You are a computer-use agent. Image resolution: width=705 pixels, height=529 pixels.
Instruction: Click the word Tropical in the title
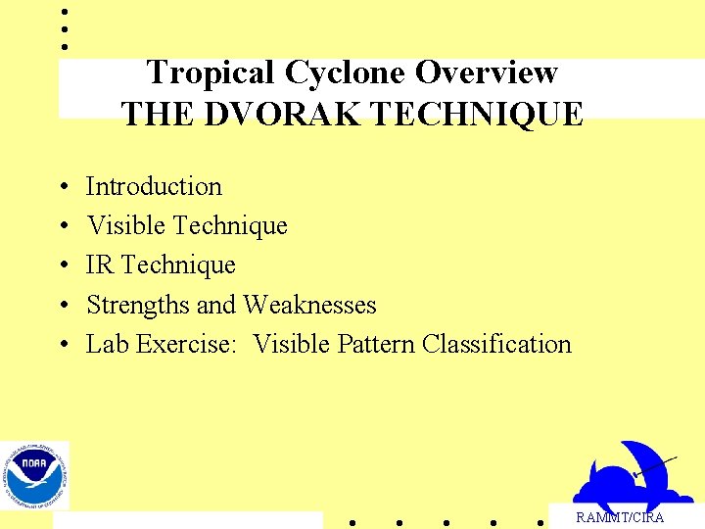tap(210, 72)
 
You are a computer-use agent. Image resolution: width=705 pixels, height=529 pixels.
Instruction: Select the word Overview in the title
tap(487, 72)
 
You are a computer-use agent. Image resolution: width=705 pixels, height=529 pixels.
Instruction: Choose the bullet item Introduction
tap(154, 186)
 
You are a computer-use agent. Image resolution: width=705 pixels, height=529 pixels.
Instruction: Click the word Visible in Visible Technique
tap(125, 225)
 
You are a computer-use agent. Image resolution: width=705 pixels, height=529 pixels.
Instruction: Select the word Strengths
tap(138, 305)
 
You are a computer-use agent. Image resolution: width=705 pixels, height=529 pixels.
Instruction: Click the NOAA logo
tap(34, 475)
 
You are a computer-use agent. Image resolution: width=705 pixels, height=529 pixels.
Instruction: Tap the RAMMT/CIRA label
tap(619, 517)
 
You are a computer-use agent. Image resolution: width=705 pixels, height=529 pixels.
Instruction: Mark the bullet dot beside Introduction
tap(63, 187)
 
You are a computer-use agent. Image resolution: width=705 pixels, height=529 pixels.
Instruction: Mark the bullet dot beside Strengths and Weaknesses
tap(63, 306)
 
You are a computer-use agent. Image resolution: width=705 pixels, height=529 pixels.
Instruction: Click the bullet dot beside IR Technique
tap(63, 265)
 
